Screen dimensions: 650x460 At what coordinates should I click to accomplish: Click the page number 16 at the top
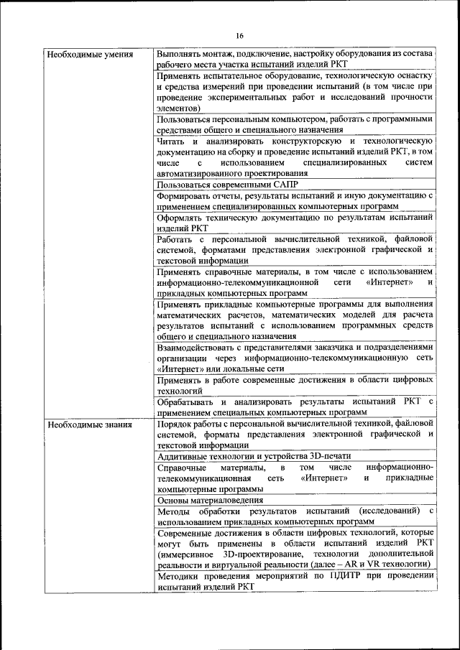point(239,36)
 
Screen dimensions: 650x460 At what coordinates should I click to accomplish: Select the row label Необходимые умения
point(84,55)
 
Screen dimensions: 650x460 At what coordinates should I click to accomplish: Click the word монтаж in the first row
point(220,55)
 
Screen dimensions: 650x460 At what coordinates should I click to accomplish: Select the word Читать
point(172,141)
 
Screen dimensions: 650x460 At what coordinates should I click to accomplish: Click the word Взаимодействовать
point(198,347)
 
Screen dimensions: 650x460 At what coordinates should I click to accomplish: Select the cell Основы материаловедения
point(210,499)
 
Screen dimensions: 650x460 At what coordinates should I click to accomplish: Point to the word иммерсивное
point(189,554)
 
